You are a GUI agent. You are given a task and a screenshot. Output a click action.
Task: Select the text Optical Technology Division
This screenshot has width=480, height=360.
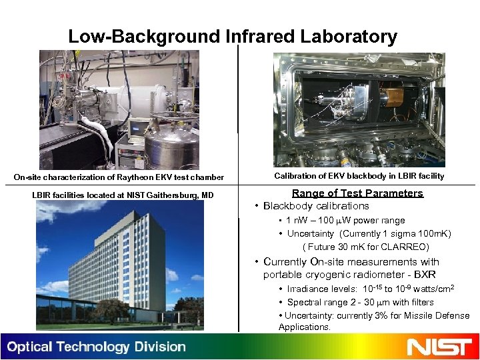(x=97, y=347)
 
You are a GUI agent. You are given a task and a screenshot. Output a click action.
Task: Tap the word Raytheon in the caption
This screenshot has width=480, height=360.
(x=137, y=177)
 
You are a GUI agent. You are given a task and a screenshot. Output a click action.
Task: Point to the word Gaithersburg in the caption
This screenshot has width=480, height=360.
(x=161, y=195)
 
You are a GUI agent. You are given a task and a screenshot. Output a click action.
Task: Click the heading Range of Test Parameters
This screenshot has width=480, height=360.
(x=357, y=193)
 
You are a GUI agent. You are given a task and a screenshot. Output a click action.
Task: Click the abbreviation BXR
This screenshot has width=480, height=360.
(x=424, y=275)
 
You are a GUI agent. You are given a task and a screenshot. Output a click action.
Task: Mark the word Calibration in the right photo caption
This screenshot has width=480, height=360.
(x=296, y=176)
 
